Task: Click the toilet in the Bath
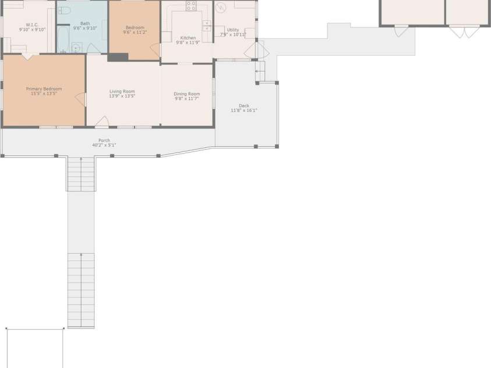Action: (x=64, y=10)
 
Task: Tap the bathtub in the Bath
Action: (x=63, y=38)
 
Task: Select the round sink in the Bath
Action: (x=75, y=48)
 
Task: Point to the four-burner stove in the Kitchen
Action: (x=191, y=6)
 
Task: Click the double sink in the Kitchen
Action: (x=207, y=26)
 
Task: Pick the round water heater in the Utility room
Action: (x=221, y=8)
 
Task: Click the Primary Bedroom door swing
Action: (x=80, y=100)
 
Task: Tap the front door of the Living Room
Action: (x=102, y=122)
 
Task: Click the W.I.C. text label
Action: (x=32, y=25)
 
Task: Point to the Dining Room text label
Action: (x=186, y=94)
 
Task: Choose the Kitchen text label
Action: (x=188, y=38)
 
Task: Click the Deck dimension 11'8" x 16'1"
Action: (x=244, y=110)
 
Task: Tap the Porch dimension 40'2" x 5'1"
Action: (x=104, y=145)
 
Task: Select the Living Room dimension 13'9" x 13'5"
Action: (x=122, y=96)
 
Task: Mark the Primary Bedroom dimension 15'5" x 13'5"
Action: (x=44, y=93)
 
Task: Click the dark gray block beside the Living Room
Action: (x=118, y=57)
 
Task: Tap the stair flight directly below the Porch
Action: (x=81, y=174)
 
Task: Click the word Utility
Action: (x=233, y=30)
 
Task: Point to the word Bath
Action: (x=85, y=23)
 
